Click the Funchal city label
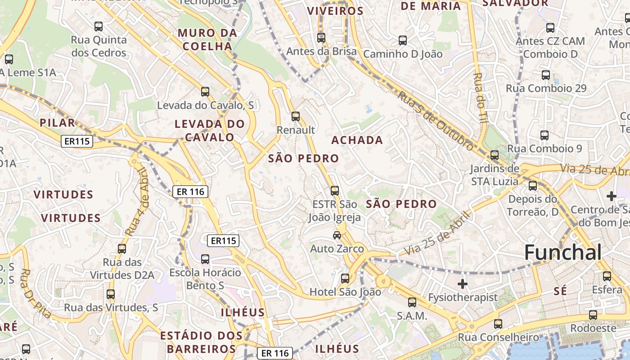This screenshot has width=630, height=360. pos(562,252)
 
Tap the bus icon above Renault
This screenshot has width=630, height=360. pos(296,116)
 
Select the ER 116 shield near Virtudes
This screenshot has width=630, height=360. pos(190,192)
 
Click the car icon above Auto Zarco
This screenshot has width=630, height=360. pos(337,235)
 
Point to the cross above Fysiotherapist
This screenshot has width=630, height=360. pos(463,284)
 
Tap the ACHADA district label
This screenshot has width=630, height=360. pos(357,140)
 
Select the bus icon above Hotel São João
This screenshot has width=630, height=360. pos(345,279)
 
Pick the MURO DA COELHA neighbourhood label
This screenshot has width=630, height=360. pos(207,40)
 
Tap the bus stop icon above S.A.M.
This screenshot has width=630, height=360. pos(412,302)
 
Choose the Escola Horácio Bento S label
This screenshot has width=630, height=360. pos(205,279)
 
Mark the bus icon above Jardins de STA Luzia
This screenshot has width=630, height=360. pos(495,155)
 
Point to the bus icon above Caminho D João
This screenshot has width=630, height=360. pos(403,40)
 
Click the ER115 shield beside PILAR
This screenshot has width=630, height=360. pos(77,141)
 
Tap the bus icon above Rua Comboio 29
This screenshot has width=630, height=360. pos(546,75)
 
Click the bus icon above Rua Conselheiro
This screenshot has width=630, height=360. pos(498,324)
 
